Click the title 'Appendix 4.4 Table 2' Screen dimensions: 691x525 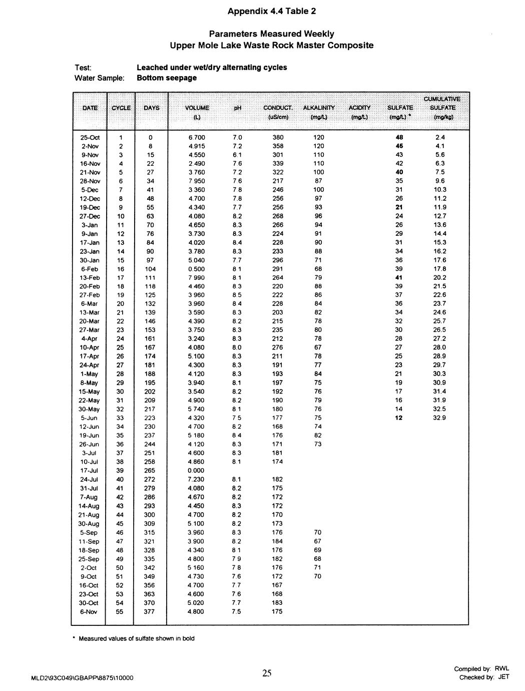[272, 11]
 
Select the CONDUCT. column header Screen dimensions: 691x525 [277, 108]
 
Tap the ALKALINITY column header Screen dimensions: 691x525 [319, 108]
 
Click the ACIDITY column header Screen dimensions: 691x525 [359, 108]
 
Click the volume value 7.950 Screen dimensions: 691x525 [197, 181]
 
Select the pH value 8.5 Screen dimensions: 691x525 [237, 295]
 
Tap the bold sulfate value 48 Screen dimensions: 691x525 [399, 137]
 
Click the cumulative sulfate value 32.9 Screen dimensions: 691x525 [440, 418]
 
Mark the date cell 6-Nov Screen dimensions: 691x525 [89, 611]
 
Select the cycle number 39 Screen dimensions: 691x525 [120, 471]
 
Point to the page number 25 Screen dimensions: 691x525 [267, 673]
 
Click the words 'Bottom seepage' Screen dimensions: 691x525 [167, 78]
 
